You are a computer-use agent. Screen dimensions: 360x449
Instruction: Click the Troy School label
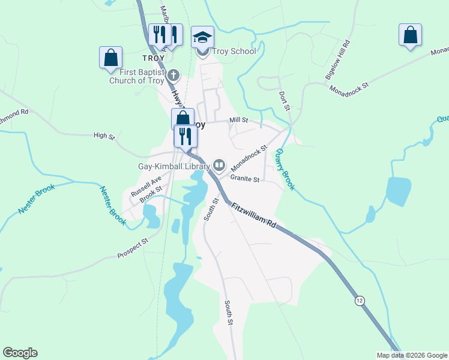pos(234,51)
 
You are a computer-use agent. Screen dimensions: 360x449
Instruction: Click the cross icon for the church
pos(173,76)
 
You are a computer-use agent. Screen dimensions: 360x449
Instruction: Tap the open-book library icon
pos(219,166)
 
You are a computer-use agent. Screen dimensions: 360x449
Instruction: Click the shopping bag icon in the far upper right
pos(410,35)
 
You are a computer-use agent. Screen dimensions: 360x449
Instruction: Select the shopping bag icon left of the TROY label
pos(111,58)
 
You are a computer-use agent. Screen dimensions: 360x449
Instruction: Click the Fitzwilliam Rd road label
pos(255,215)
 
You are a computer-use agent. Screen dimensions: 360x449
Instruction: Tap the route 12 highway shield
pos(360,300)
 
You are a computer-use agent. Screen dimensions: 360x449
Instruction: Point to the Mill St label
pos(238,121)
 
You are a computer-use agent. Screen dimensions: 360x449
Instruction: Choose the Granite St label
pos(244,179)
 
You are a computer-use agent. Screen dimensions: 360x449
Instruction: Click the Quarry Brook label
pos(285,170)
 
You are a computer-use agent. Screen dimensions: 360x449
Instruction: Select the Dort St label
pos(285,100)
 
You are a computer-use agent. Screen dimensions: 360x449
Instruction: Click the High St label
pos(104,136)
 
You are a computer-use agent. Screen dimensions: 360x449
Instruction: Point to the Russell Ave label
pos(146,187)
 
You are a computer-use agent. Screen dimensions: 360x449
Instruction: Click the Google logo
pos(20,353)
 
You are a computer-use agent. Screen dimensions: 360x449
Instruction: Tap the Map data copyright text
pos(411,355)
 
